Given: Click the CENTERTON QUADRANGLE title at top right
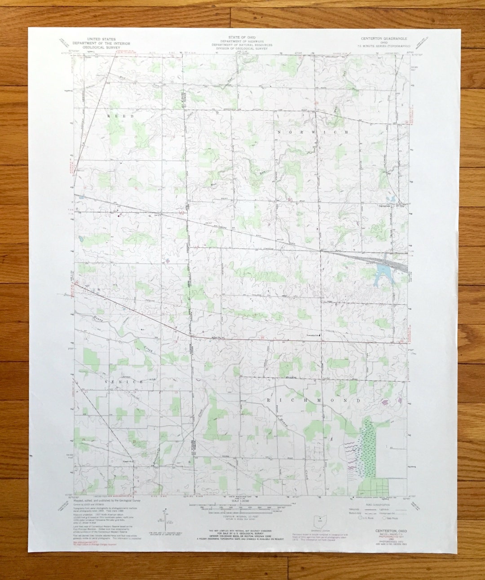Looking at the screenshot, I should (383, 39).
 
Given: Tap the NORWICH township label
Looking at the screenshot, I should (313, 132).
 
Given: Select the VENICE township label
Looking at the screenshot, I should (123, 381).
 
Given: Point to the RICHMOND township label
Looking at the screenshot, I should (314, 399).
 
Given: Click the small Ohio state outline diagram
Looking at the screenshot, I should (320, 521).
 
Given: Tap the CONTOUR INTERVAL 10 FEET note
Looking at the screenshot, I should (242, 516).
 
